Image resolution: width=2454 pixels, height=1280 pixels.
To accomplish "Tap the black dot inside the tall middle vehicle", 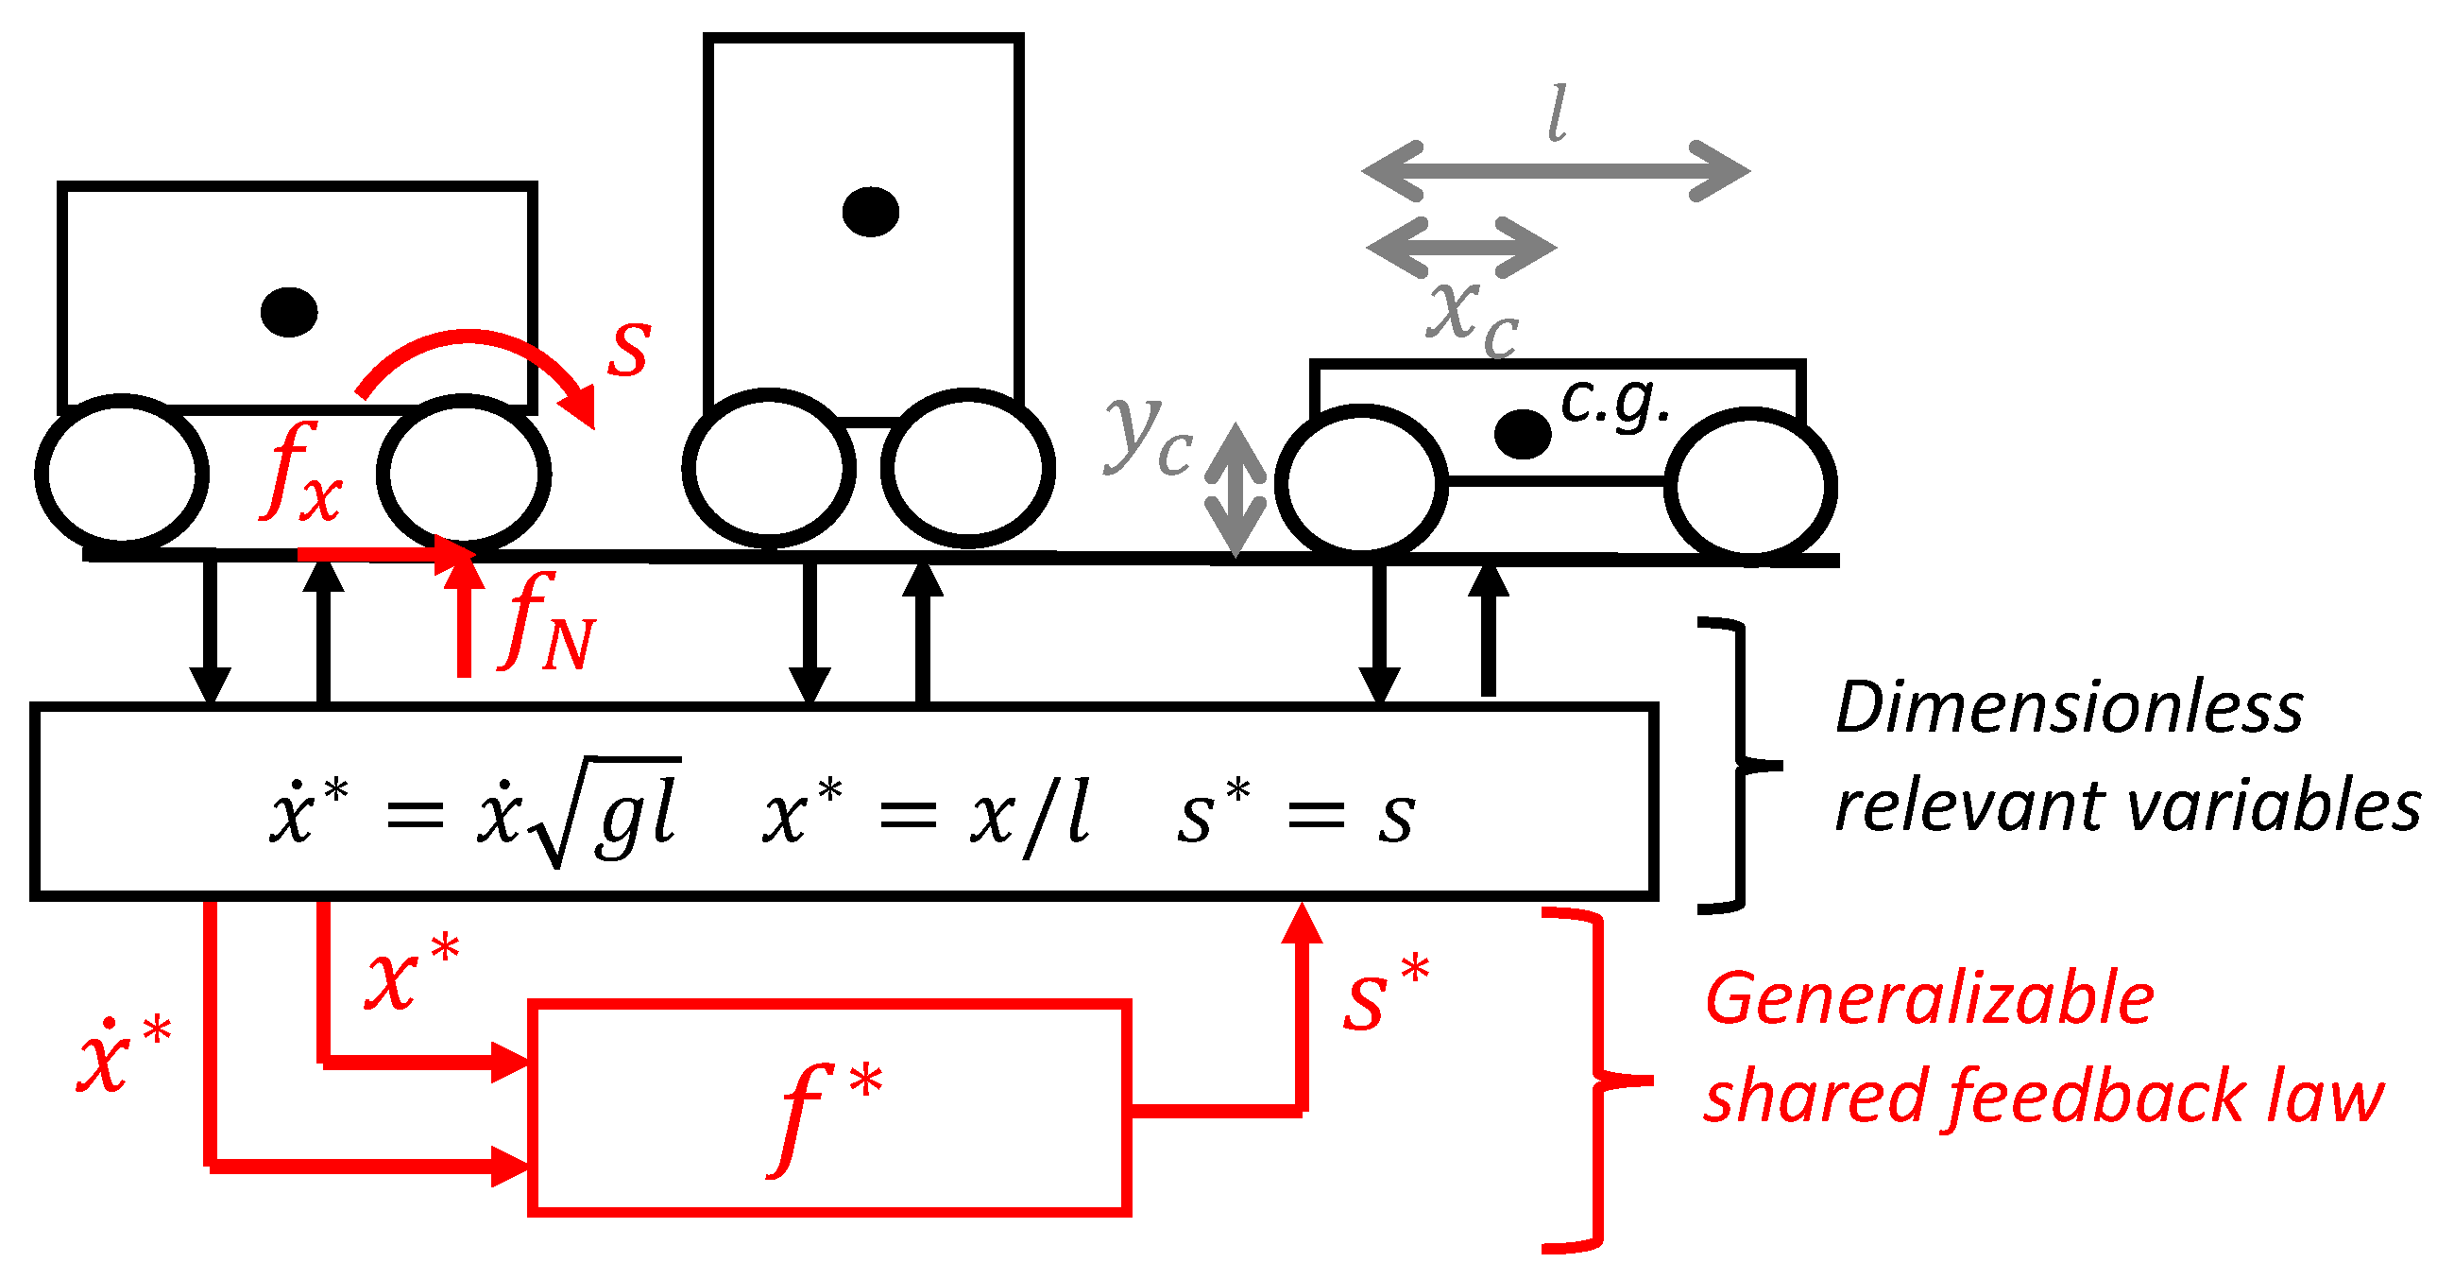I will pos(871,212).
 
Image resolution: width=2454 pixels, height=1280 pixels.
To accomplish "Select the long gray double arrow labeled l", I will pos(1556,171).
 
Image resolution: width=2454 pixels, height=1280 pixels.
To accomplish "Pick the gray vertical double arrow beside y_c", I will pos(1236,490).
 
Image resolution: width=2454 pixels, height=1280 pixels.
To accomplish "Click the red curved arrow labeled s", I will pos(476,367).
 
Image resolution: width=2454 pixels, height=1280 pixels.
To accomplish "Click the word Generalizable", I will pos(1929,1000).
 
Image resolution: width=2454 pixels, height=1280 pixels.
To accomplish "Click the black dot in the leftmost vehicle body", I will pos(289,312).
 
